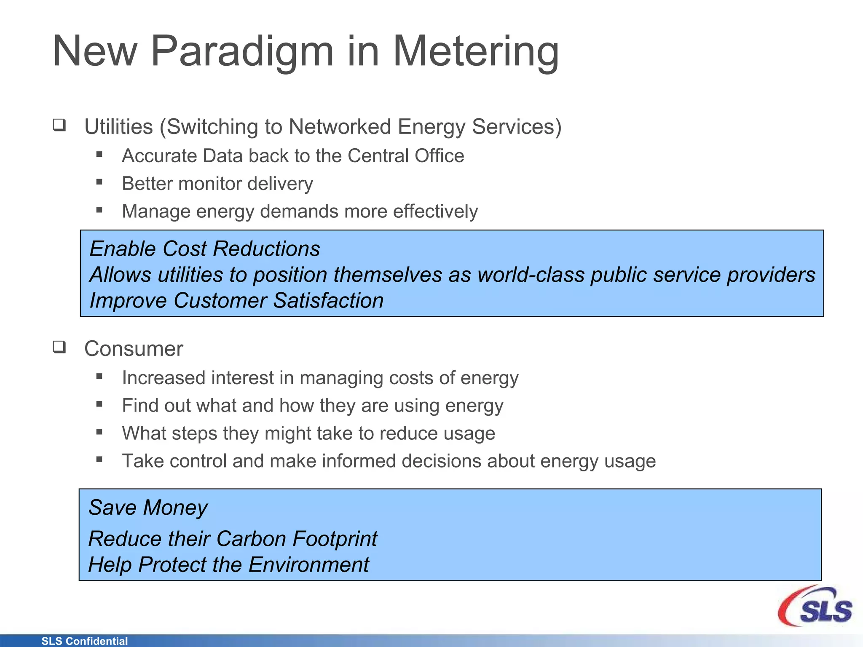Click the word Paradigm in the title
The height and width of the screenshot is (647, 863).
(x=242, y=51)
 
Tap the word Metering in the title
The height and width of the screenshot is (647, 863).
(x=476, y=51)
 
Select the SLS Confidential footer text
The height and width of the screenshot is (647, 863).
(x=84, y=641)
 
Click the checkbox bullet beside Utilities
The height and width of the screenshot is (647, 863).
(x=59, y=125)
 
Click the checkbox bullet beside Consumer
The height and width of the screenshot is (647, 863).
(x=59, y=347)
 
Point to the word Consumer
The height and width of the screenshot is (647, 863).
(x=134, y=349)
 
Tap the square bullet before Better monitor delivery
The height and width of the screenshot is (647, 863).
(x=99, y=182)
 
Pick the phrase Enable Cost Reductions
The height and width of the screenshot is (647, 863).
(x=205, y=249)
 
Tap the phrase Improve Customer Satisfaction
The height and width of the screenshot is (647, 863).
(x=236, y=301)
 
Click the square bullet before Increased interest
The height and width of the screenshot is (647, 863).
(x=99, y=377)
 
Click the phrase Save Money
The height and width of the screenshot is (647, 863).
(x=148, y=508)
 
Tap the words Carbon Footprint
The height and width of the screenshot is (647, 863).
(x=297, y=539)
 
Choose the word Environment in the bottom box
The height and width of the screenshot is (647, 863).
(x=308, y=565)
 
